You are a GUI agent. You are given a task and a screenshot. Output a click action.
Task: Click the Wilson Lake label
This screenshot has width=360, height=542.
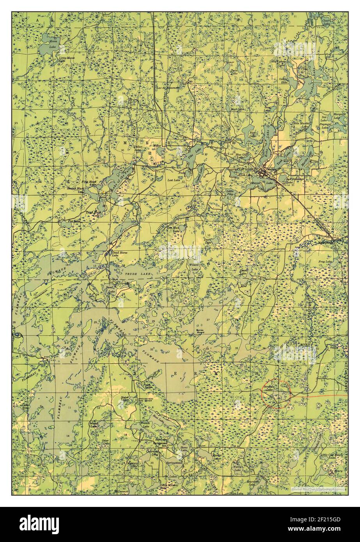click(194, 267)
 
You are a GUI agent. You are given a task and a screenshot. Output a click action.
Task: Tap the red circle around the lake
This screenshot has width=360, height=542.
click(276, 394)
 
